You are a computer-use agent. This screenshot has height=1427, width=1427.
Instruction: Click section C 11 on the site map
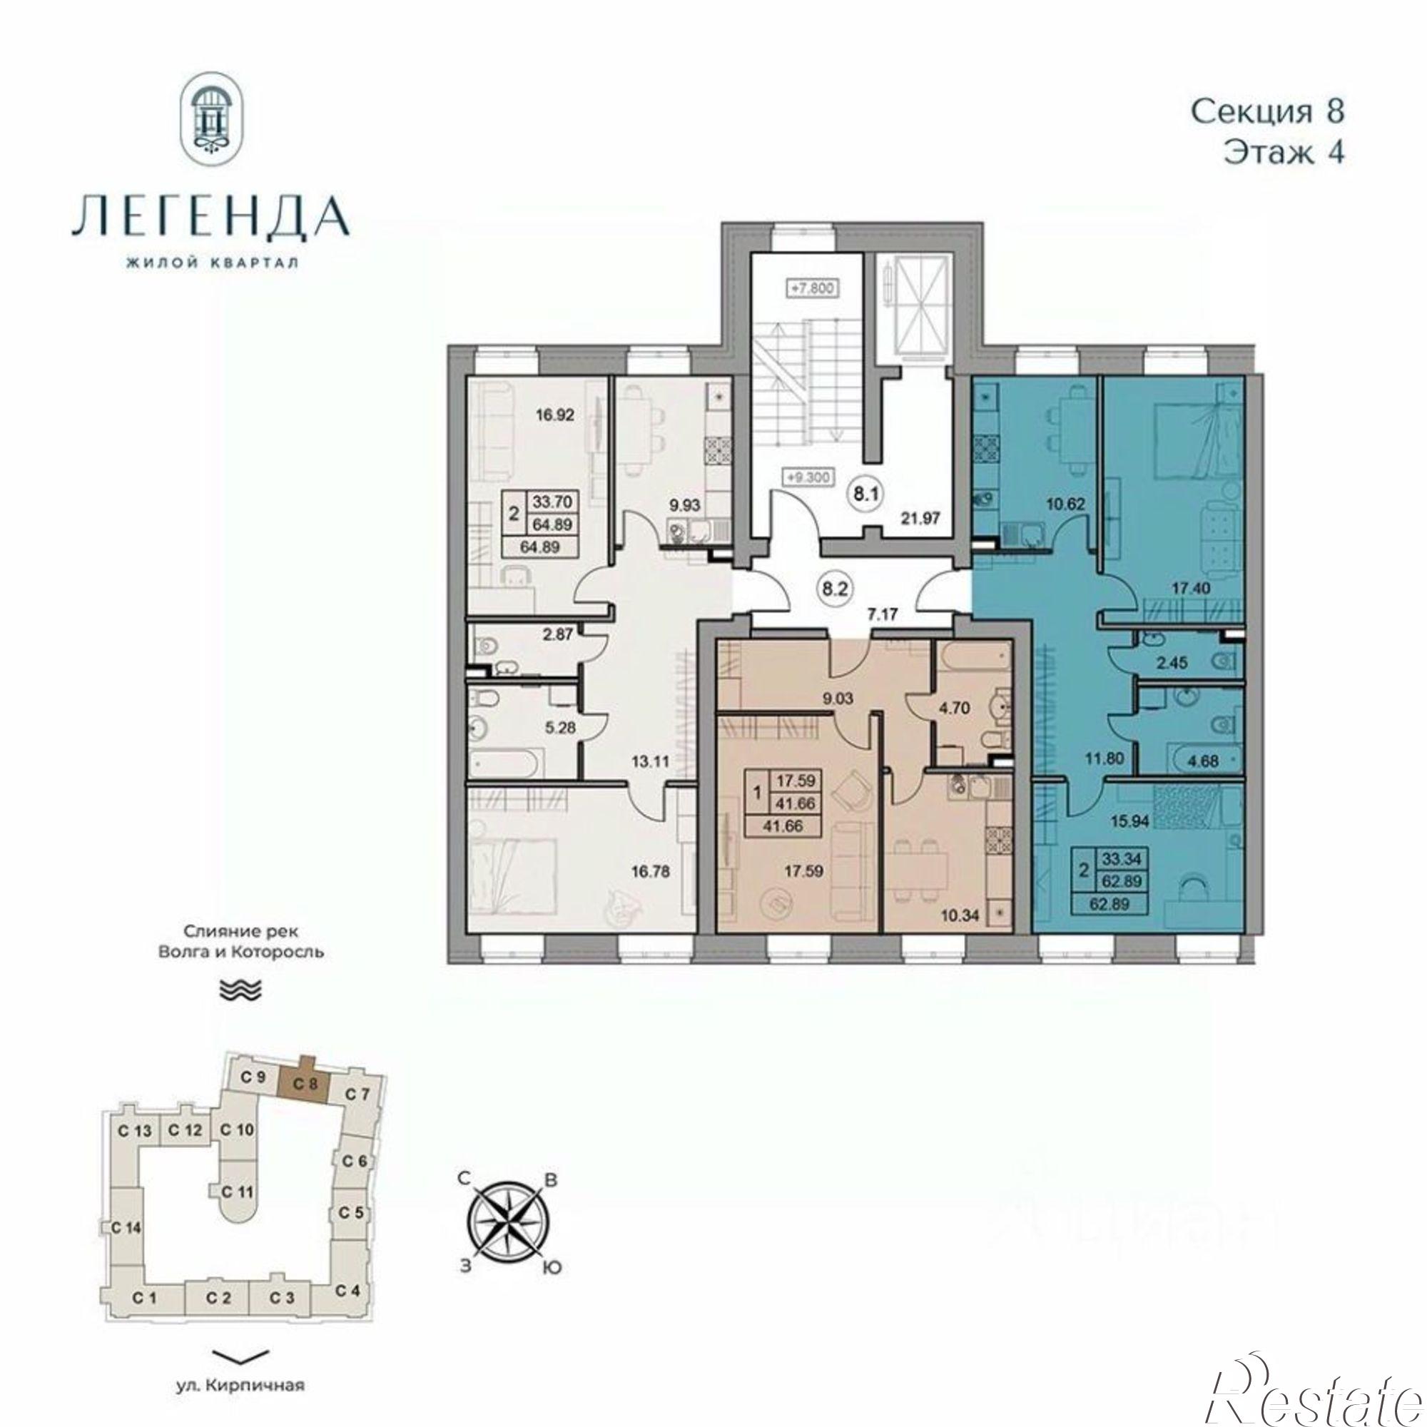click(x=237, y=1171)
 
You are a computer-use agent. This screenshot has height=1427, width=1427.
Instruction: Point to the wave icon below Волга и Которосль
click(x=242, y=990)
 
